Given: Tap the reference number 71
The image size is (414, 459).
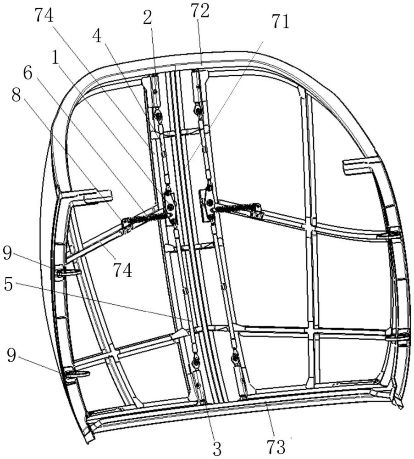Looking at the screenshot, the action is coord(281,22).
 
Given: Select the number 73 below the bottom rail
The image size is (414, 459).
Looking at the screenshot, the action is coord(275,447).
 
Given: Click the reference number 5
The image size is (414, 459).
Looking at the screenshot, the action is coord(8,284).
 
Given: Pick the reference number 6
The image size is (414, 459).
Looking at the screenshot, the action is coord(28,73).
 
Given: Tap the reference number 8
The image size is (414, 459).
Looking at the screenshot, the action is coord(16,95).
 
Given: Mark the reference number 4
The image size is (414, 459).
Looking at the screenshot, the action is coord(97,37).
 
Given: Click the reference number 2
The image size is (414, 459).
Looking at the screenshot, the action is coord(148,18).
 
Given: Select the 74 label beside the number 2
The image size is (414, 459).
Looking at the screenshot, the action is coord(44,15).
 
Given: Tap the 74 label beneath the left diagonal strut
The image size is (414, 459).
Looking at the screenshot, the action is coord(123,270).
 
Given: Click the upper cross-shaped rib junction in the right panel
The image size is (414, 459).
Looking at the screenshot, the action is coord(310,228).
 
